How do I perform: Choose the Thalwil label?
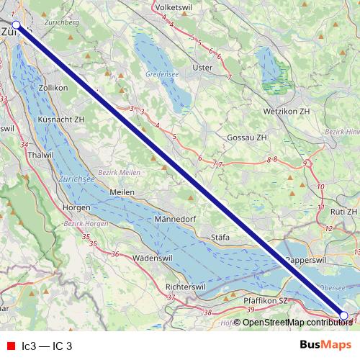coord(39,154)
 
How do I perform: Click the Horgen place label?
coord(76,207)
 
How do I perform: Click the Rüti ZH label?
coord(343,212)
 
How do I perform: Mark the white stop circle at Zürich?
coord(17,24)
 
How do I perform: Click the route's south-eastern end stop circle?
coord(343,315)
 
